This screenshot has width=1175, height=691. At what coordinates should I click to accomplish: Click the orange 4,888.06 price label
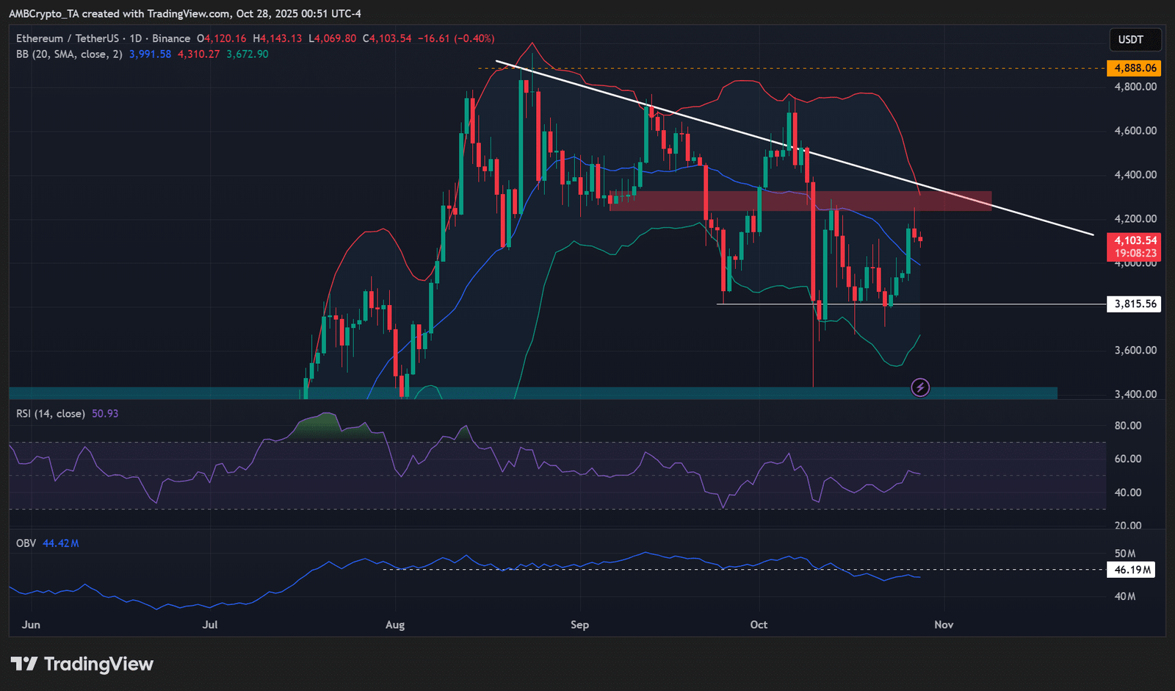[1133, 68]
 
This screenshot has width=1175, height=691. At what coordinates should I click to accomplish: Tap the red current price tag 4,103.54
[1133, 240]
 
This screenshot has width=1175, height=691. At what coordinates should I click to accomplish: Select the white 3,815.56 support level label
[1133, 304]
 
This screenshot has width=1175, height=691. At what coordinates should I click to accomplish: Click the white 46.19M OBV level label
[1131, 570]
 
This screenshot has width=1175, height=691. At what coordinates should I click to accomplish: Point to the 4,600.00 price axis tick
[1135, 131]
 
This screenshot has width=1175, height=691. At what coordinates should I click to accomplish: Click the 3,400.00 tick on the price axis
[1135, 394]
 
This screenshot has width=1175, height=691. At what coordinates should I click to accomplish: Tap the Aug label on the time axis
[395, 625]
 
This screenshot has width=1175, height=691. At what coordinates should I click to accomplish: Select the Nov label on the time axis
[944, 625]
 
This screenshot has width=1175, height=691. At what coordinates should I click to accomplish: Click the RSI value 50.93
[105, 414]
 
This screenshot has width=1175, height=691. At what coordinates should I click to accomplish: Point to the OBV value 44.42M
[60, 543]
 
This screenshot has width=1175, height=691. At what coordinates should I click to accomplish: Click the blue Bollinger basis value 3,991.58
[150, 54]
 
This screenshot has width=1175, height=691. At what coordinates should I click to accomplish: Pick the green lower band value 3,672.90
[247, 54]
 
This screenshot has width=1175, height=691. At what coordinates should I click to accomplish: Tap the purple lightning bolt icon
[920, 388]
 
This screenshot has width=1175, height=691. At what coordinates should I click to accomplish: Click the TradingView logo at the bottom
[82, 665]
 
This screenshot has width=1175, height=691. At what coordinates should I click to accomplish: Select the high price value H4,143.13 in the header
[278, 38]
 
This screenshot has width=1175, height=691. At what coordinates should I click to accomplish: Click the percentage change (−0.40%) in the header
[474, 38]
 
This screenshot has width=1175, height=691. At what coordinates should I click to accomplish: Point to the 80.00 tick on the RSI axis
[1128, 426]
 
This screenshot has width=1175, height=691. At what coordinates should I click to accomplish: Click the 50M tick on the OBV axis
[1125, 554]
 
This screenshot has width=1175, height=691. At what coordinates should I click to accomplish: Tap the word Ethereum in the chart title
[40, 38]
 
